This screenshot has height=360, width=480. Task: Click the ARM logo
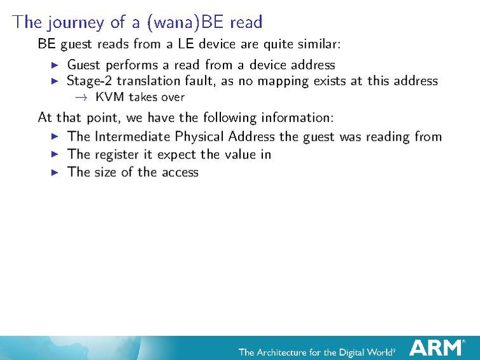(x=437, y=348)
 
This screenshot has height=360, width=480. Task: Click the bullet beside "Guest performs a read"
(x=55, y=65)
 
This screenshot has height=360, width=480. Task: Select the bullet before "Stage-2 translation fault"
(x=55, y=81)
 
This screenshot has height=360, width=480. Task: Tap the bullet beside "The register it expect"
(x=55, y=154)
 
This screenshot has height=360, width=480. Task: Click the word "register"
(x=118, y=155)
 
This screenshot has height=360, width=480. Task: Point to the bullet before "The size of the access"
(x=55, y=172)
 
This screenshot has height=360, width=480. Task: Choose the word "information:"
(x=296, y=118)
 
